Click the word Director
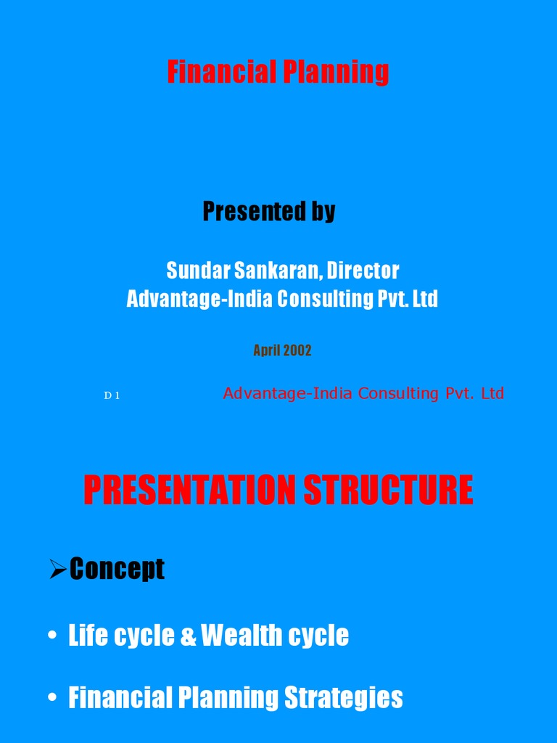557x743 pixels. tap(363, 271)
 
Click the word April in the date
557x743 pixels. tap(266, 350)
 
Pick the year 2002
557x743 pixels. tap(297, 350)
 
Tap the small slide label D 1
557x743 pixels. tap(112, 395)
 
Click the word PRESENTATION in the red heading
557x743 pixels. tap(190, 490)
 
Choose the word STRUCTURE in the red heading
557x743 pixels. tap(388, 490)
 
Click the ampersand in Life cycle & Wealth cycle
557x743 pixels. tap(189, 636)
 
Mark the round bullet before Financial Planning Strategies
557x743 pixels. tap(52, 699)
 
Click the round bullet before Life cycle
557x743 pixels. tap(52, 636)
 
